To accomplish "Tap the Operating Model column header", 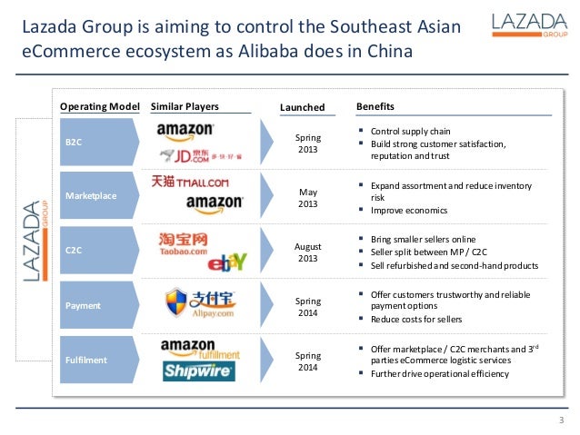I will (99, 106).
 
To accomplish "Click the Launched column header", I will (302, 107).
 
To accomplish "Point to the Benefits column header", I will (375, 106).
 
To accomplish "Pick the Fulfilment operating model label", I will (86, 360).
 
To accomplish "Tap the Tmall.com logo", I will (190, 182).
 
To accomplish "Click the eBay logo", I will (226, 263).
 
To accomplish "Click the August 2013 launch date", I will (308, 252).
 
